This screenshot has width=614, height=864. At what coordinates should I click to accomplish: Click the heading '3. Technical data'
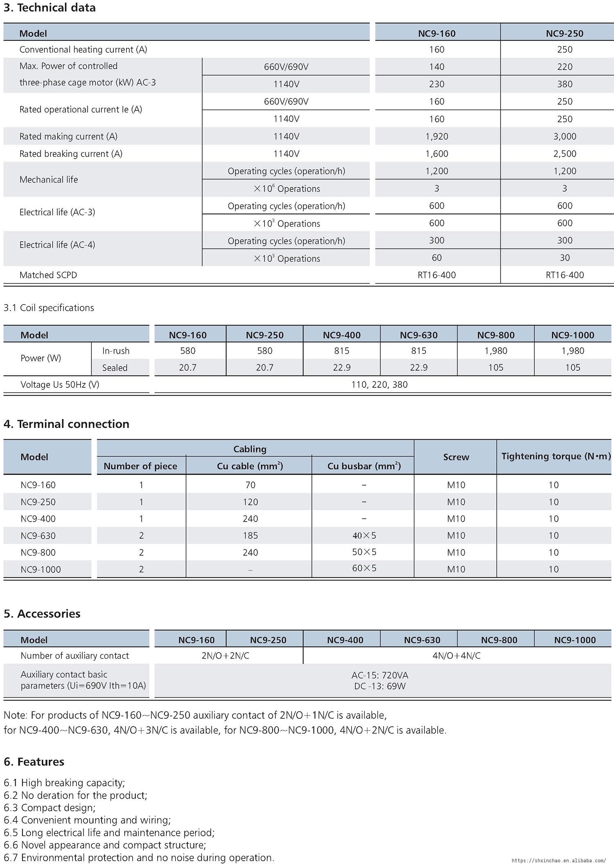tap(50, 7)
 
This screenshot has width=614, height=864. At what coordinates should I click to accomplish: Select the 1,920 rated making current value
tap(436, 136)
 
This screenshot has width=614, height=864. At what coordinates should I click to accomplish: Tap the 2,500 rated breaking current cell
tap(564, 154)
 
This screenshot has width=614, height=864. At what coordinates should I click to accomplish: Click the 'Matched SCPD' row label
tap(48, 275)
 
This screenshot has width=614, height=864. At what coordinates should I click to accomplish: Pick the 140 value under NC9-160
tap(436, 67)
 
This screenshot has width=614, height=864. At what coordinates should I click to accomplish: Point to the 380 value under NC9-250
tap(564, 84)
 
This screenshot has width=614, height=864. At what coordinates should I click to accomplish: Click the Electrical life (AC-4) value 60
tap(436, 258)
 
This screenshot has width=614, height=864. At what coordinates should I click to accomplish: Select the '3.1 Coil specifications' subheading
tap(49, 308)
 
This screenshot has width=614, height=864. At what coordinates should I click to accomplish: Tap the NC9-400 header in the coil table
tap(341, 335)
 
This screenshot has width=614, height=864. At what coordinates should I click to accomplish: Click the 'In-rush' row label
tap(115, 351)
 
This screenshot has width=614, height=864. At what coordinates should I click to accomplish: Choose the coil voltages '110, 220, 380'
tap(379, 385)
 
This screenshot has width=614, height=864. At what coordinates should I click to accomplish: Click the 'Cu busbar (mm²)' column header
tap(364, 466)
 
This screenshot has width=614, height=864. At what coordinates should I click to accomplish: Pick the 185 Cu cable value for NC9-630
tap(250, 535)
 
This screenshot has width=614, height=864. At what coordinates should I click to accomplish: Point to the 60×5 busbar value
tap(364, 568)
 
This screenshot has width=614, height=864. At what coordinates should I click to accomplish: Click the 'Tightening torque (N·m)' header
tap(555, 456)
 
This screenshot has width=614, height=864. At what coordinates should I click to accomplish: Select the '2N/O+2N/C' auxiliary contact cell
tap(225, 656)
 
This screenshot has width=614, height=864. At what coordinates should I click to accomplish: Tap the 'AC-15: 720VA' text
tap(379, 675)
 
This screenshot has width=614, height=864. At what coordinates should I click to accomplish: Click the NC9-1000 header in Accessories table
tap(574, 640)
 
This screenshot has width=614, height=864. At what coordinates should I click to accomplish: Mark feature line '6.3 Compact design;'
tap(50, 808)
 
